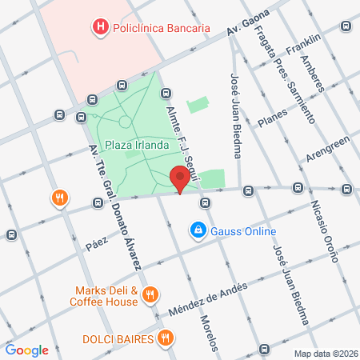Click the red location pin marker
click(x=182, y=180)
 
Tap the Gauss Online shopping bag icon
click(x=197, y=231)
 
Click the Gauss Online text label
click(x=243, y=232)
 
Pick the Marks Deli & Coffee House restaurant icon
click(x=150, y=296)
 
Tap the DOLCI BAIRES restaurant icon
click(x=166, y=338)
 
